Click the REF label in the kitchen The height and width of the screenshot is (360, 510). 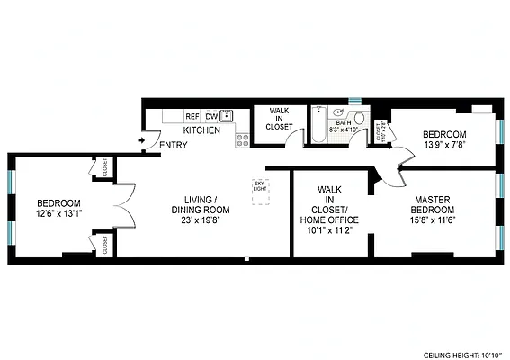[x=192, y=116]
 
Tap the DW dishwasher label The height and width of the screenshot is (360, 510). [x=210, y=116]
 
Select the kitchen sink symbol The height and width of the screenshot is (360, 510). [x=227, y=115]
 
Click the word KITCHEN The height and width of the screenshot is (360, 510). [x=202, y=131]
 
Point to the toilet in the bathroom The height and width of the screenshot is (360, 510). [x=359, y=117]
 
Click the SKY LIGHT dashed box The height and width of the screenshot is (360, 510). [x=259, y=190]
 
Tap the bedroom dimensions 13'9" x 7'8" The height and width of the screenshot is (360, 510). [x=446, y=147]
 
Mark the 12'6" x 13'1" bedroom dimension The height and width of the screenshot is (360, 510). [x=58, y=213]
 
